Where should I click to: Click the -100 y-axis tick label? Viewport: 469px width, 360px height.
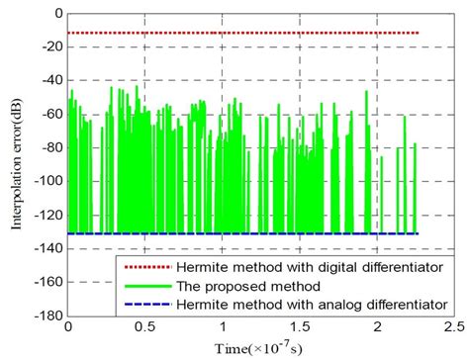click(47, 183)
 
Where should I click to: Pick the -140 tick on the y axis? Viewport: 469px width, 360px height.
click(47, 250)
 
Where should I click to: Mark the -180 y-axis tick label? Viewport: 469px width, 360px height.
click(47, 316)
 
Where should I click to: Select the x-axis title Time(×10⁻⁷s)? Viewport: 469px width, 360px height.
click(261, 348)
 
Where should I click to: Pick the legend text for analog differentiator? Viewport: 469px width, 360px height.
click(307, 303)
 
